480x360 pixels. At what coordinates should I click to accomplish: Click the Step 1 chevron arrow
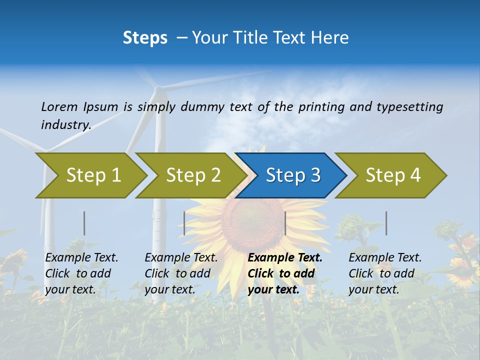(x=92, y=175)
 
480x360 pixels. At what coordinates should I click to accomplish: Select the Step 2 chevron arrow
(x=192, y=175)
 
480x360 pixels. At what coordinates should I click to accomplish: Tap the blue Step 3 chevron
(x=292, y=175)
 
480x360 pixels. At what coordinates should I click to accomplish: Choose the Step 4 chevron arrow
(x=392, y=175)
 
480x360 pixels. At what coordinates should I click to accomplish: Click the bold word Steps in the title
(x=145, y=38)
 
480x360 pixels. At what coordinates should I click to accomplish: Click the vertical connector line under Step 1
(x=84, y=223)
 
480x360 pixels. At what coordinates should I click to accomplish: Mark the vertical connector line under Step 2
(x=184, y=223)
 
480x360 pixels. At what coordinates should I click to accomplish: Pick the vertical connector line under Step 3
(x=285, y=223)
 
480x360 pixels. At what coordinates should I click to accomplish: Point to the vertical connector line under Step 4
(x=386, y=223)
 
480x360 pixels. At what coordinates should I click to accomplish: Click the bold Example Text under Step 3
(x=285, y=258)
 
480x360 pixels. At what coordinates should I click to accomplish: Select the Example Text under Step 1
(x=81, y=258)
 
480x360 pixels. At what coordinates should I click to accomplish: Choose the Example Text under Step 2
(x=181, y=258)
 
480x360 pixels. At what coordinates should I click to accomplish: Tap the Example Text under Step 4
(x=385, y=258)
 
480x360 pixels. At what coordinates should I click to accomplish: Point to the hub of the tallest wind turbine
(x=157, y=89)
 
